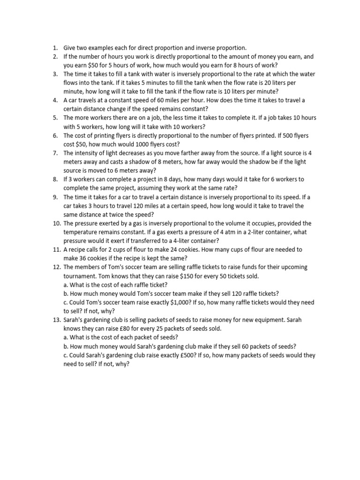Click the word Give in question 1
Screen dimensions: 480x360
pos(70,48)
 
